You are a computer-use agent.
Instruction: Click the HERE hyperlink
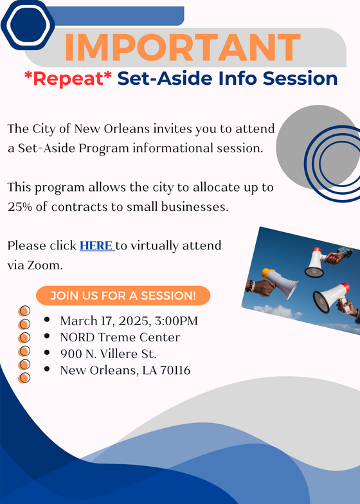point(96,246)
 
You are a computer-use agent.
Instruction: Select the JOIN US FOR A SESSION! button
point(122,296)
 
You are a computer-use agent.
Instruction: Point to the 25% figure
point(23,208)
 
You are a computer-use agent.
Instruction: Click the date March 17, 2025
point(103,321)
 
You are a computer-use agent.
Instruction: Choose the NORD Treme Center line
point(120,337)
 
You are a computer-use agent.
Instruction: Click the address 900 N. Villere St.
point(108,354)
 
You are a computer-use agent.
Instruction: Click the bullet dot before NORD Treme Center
point(48,337)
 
